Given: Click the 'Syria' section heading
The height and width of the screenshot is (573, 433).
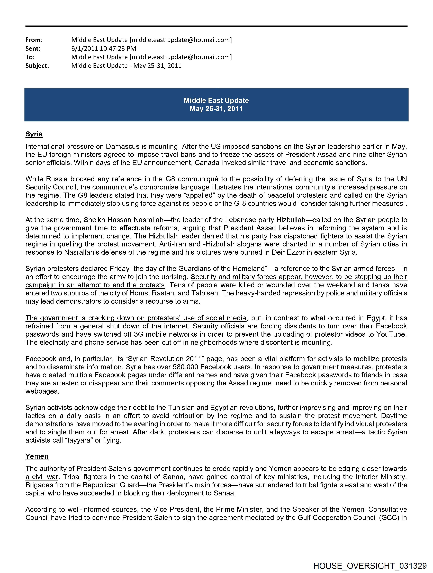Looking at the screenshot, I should tap(34, 134).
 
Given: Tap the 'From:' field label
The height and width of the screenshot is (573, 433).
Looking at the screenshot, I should tap(34, 40).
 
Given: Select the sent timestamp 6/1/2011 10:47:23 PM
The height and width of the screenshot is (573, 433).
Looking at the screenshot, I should tap(103, 48).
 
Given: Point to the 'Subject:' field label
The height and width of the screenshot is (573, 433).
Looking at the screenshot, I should tap(37, 66).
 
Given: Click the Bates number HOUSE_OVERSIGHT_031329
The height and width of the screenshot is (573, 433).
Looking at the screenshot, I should tap(370, 566).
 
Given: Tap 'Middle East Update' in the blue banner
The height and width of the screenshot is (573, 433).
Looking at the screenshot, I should tap(216, 101).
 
